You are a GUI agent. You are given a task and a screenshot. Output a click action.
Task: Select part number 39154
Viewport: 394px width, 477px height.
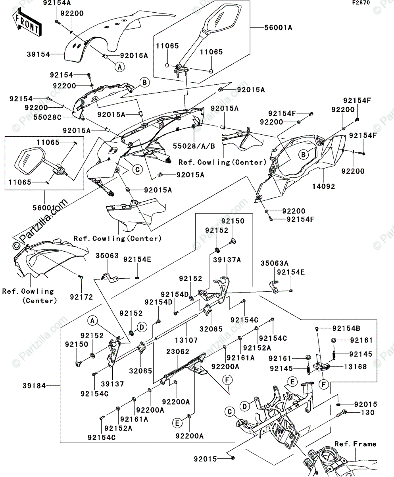tap(27, 54)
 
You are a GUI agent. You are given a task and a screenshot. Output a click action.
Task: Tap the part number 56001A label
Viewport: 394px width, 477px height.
tap(279, 27)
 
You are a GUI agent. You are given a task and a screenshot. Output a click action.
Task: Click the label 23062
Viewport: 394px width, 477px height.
tap(178, 351)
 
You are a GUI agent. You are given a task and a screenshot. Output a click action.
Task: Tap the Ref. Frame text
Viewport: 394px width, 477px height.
tap(355, 444)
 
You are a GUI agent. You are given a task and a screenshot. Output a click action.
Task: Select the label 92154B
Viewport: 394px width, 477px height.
tap(346, 328)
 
